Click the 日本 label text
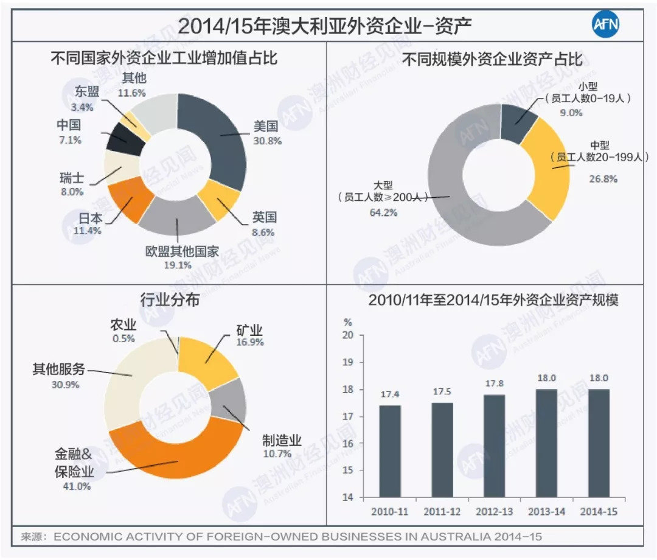click(x=90, y=219)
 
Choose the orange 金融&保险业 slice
click(x=176, y=453)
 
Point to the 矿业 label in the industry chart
click(x=249, y=331)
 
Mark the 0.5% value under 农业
click(x=123, y=338)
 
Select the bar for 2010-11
click(x=389, y=451)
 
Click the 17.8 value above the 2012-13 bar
click(x=493, y=383)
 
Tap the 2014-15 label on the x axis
click(x=599, y=511)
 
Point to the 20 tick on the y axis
click(x=349, y=335)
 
